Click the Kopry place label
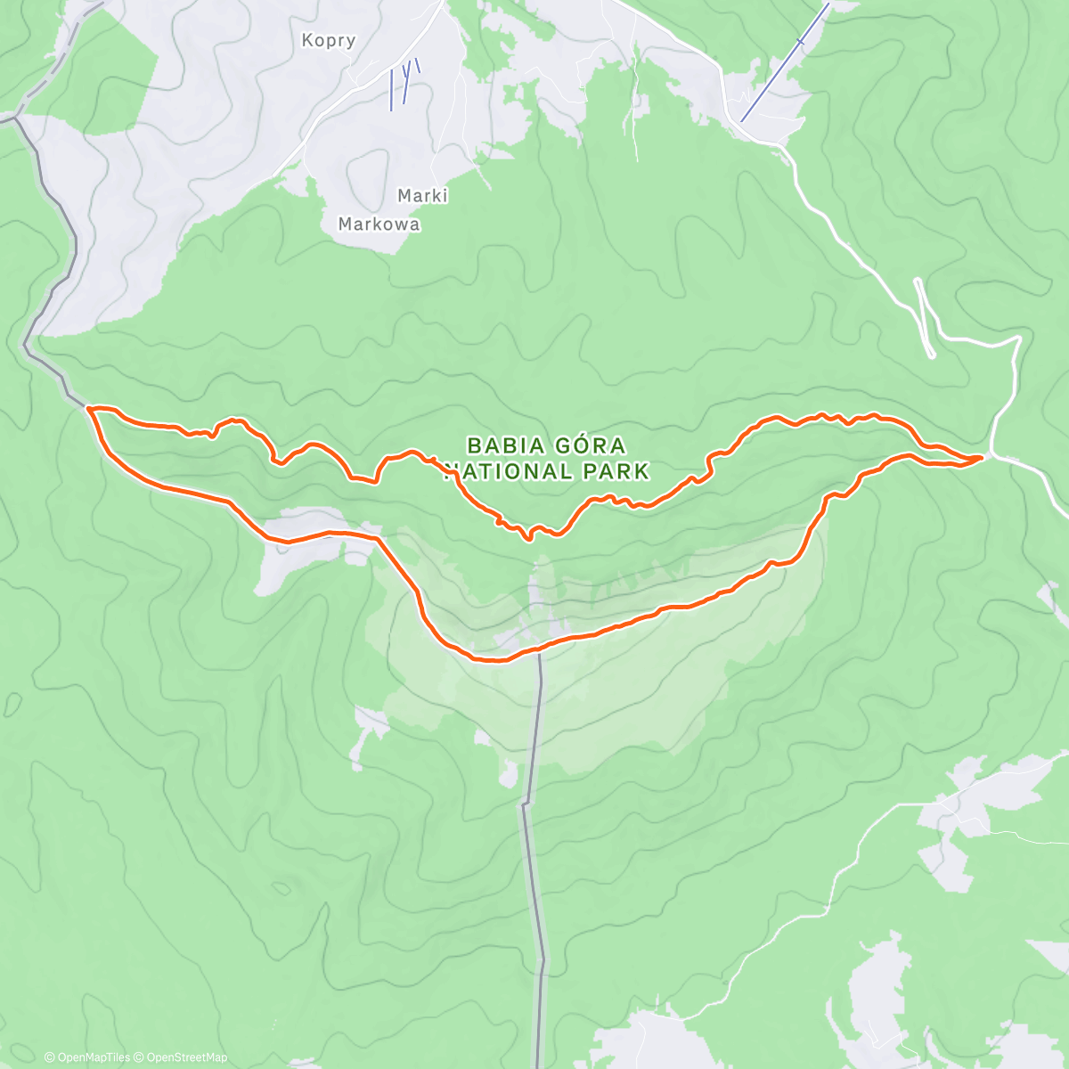coord(329,40)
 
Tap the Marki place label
coord(422,195)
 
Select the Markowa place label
coord(379,224)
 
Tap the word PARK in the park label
coord(616,470)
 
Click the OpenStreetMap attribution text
coord(186,1057)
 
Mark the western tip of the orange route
coord(89,408)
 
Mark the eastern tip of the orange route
coord(982,457)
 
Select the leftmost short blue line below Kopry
coord(391,90)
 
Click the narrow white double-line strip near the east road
coord(925,317)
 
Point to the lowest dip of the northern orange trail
coord(529,538)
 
